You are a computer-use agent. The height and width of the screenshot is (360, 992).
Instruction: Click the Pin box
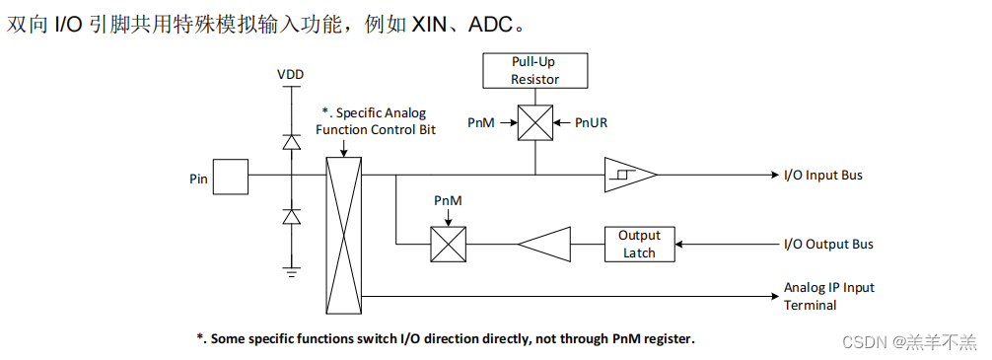232,179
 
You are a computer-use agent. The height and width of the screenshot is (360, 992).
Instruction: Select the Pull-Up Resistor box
534,71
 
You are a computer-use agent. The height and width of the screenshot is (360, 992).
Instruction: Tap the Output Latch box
639,244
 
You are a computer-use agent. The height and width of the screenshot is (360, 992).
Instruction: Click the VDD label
290,75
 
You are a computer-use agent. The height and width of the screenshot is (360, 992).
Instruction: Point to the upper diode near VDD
291,142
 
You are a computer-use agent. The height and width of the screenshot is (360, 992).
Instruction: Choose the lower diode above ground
291,216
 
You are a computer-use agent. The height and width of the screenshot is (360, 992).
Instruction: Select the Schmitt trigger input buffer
628,176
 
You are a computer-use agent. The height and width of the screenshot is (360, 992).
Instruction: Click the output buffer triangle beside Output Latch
545,244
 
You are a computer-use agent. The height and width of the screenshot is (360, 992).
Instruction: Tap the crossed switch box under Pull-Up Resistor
535,123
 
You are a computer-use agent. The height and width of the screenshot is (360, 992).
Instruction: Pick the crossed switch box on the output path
449,244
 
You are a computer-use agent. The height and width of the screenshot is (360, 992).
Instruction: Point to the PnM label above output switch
449,201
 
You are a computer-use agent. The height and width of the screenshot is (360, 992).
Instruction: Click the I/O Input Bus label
822,176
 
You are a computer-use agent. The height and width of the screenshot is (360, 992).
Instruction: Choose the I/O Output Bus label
827,245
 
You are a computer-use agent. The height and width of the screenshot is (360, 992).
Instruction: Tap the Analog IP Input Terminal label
828,296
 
